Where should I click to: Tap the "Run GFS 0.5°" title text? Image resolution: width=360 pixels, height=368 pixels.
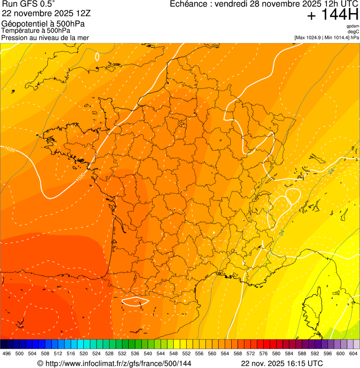[29, 5]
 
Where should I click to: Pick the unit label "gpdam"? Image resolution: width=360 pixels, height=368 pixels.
[353, 26]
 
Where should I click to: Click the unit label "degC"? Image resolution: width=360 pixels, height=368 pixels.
[353, 31]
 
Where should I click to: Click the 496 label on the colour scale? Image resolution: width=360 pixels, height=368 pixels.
[7, 353]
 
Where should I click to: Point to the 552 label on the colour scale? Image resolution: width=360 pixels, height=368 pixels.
[186, 353]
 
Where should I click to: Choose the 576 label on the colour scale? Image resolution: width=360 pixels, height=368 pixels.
[263, 353]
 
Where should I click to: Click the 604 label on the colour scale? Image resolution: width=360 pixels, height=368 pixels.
[353, 353]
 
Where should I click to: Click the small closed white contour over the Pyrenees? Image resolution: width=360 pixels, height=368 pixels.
[135, 301]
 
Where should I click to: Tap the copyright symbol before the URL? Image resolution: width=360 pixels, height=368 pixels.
[40, 363]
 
